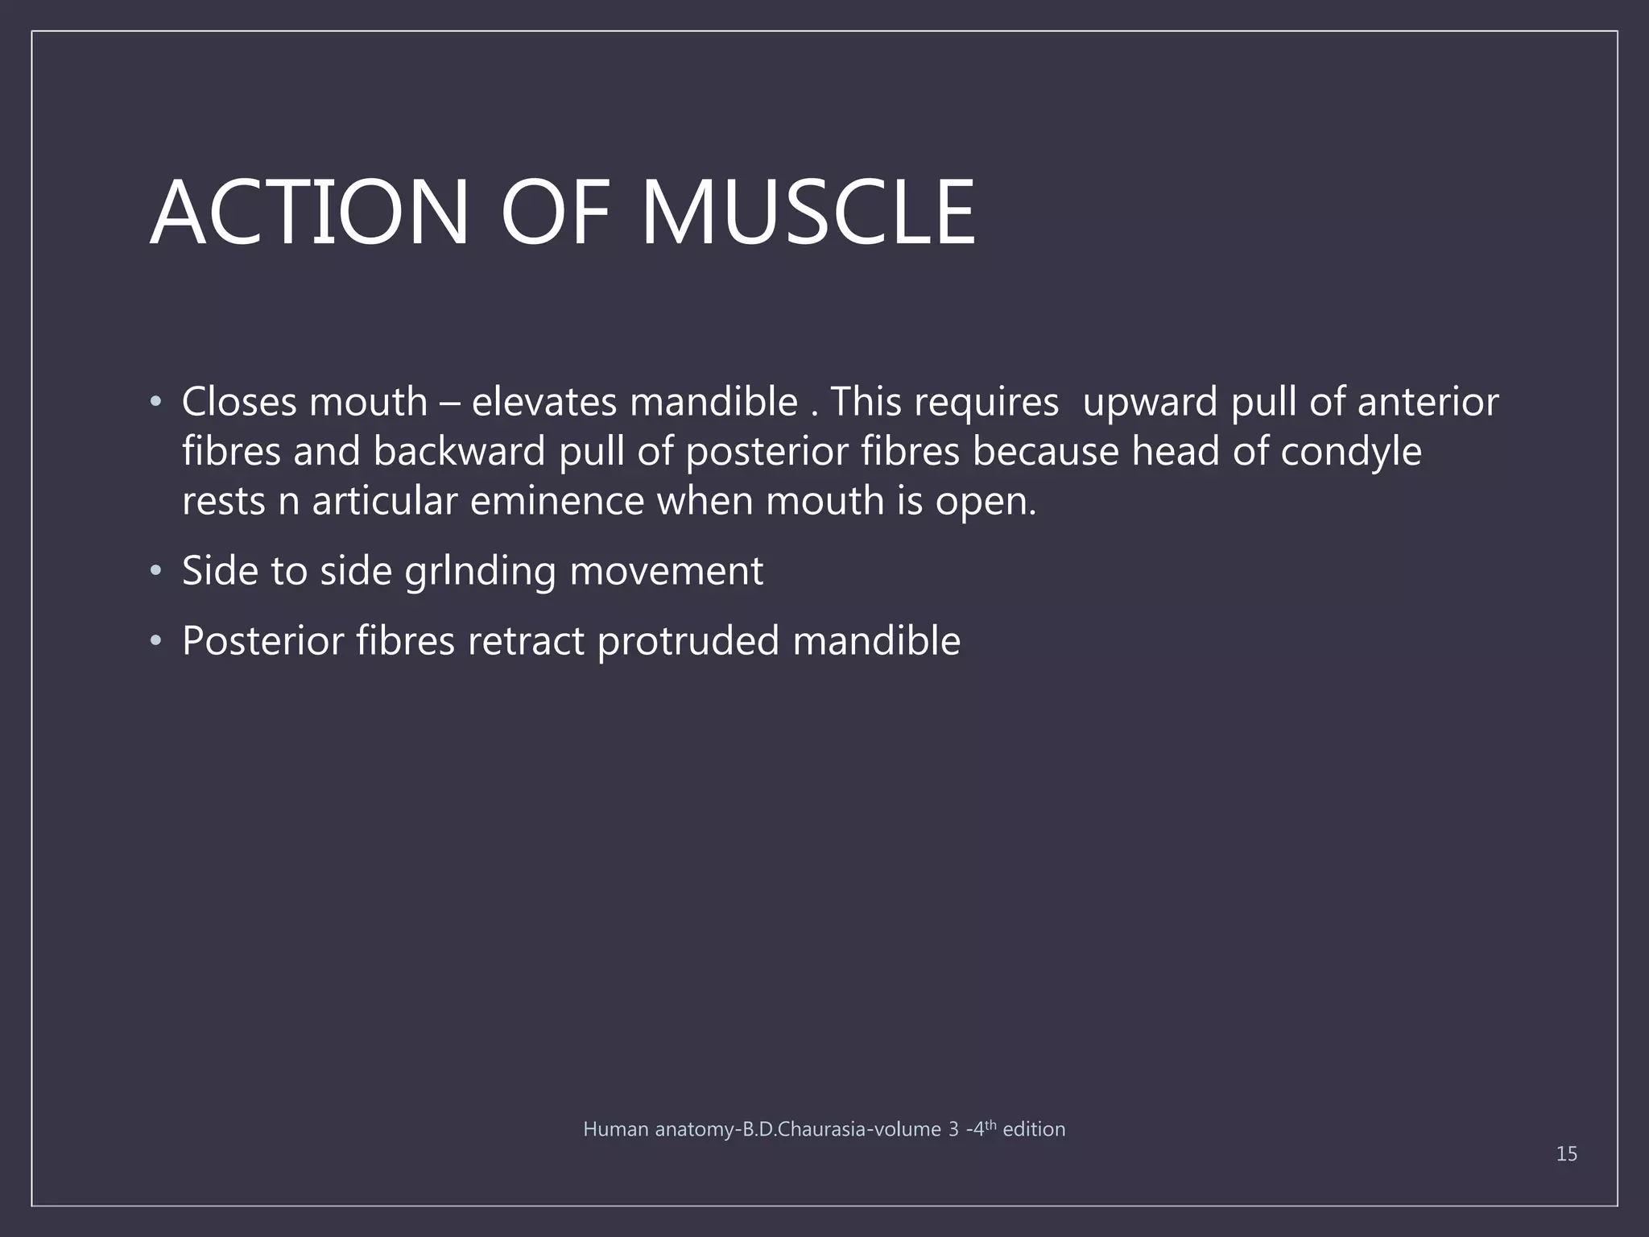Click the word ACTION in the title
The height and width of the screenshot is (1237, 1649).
pyautogui.click(x=309, y=213)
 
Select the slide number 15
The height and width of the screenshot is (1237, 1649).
pyautogui.click(x=1566, y=1154)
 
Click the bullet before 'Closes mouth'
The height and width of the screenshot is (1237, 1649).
pyautogui.click(x=156, y=402)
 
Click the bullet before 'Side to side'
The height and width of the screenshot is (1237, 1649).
pyautogui.click(x=156, y=572)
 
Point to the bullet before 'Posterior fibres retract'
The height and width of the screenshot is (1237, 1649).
pyautogui.click(x=156, y=642)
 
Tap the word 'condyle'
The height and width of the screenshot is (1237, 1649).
pyautogui.click(x=1350, y=452)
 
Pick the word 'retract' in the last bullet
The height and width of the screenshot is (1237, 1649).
pyautogui.click(x=526, y=642)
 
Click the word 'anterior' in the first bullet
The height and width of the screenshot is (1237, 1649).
pyautogui.click(x=1428, y=402)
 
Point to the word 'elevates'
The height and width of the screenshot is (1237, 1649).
pyautogui.click(x=543, y=402)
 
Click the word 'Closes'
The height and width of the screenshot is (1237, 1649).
pyautogui.click(x=239, y=402)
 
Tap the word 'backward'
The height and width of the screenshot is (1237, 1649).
pyautogui.click(x=459, y=452)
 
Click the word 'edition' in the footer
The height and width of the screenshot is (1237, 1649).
pyautogui.click(x=1034, y=1130)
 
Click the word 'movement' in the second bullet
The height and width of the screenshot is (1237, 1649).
pyautogui.click(x=666, y=572)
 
